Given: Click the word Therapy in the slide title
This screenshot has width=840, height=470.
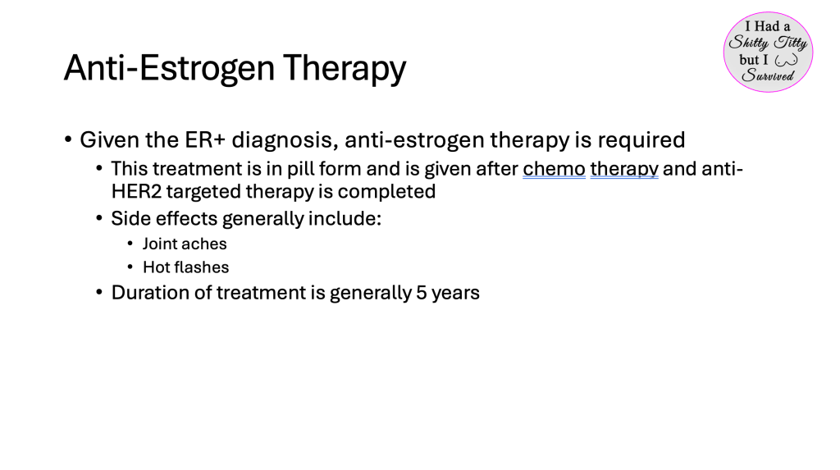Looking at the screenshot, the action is (x=345, y=69).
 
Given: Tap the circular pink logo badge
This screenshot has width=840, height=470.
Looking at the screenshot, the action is (x=768, y=52).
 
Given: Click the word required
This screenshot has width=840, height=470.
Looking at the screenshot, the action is (x=641, y=140).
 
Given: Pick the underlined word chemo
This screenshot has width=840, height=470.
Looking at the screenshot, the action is (x=554, y=169).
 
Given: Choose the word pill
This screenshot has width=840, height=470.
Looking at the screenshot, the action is (x=300, y=169).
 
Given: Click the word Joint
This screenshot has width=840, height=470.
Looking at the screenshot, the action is (x=158, y=244).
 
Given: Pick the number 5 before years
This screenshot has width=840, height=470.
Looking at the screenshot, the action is (x=422, y=293).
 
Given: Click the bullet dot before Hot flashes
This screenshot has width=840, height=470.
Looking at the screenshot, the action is (x=130, y=267).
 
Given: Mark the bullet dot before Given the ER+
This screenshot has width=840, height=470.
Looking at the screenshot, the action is (x=68, y=140).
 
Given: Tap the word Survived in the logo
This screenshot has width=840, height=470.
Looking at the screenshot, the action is (x=768, y=75).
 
